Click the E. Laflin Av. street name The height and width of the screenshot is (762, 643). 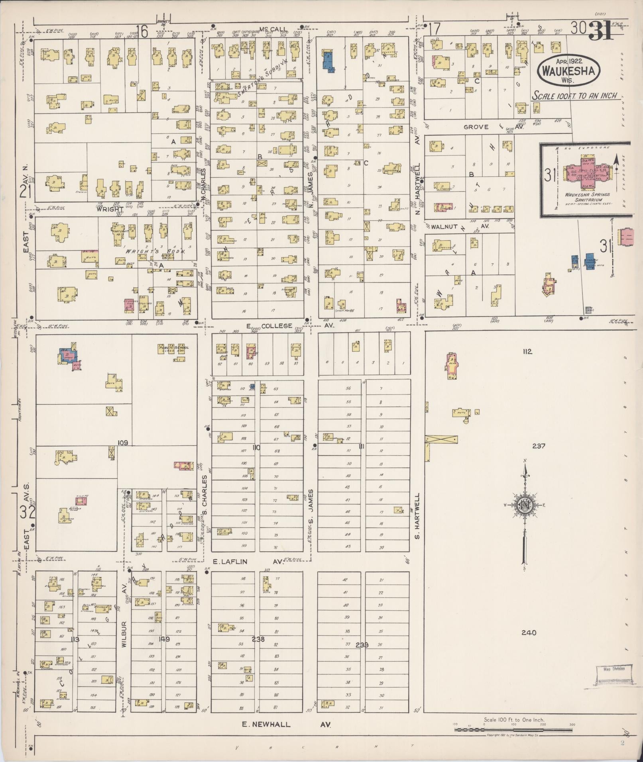(x=247, y=562)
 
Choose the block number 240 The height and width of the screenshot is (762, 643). (x=529, y=633)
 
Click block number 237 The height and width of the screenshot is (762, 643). (x=538, y=446)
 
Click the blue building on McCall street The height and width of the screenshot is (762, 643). (x=328, y=61)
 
